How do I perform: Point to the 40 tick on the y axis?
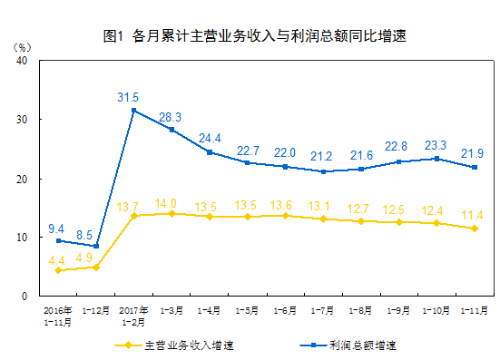(x=22, y=61)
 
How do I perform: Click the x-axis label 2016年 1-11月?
(x=58, y=315)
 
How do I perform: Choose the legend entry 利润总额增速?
(x=361, y=345)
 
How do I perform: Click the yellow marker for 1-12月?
(x=96, y=268)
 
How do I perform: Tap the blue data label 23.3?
(x=436, y=145)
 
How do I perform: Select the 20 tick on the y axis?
(x=22, y=179)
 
